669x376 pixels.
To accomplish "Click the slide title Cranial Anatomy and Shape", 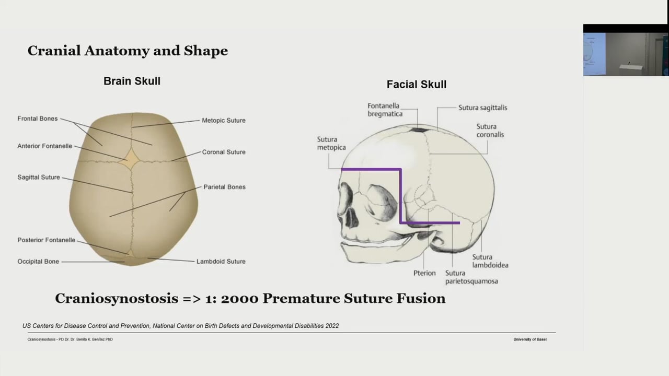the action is point(128,51).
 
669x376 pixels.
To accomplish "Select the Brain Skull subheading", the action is point(132,81).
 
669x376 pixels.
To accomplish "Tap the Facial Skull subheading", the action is point(416,85).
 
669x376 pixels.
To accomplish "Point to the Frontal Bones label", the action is point(38,119).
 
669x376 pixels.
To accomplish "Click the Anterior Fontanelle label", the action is point(45,146).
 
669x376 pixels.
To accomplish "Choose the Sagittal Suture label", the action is point(39,178).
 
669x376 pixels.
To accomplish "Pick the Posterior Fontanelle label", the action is point(47,240).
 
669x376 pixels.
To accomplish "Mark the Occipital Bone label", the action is point(38,262).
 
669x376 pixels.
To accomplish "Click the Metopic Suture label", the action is point(224,121).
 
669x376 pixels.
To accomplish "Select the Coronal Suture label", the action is point(224,152).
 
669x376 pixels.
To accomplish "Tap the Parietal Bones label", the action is point(224,187).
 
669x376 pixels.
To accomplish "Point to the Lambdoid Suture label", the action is point(221,262).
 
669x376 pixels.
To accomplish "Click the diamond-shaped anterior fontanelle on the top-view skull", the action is point(129,158).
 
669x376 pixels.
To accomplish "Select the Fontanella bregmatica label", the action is point(385,110).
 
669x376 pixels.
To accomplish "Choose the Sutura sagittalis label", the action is point(482,108).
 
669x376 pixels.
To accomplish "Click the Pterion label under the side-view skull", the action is point(424,273).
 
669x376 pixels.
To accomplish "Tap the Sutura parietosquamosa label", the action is point(471,277).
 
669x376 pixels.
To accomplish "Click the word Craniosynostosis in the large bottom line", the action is point(116,299).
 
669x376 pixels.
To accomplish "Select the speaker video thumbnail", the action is point(626,54).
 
